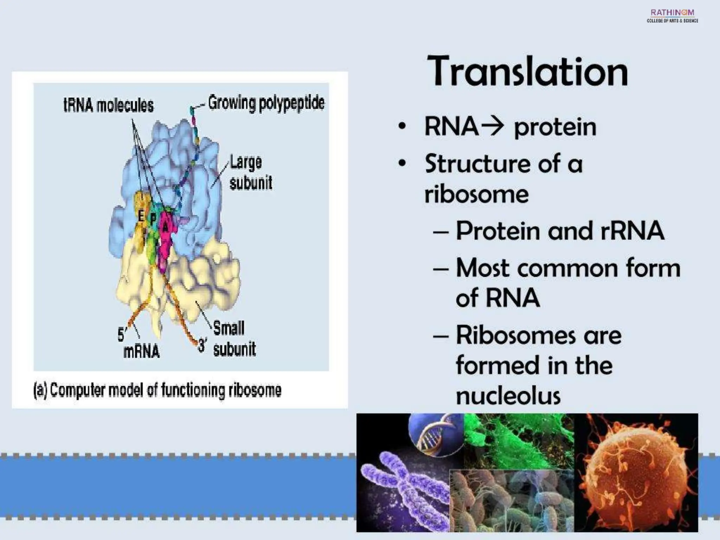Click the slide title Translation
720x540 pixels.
click(527, 72)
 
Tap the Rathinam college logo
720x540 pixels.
click(672, 16)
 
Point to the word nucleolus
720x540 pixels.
click(508, 396)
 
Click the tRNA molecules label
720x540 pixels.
click(108, 105)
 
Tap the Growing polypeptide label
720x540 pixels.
click(266, 103)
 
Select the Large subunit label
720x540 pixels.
click(250, 172)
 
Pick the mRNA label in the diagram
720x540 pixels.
click(141, 351)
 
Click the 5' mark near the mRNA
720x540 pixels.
click(121, 334)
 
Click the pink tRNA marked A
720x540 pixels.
click(165, 229)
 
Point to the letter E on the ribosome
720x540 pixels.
click(141, 216)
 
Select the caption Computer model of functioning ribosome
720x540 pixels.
click(157, 390)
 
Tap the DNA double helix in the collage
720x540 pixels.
click(434, 432)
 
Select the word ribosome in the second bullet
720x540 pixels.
click(476, 194)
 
